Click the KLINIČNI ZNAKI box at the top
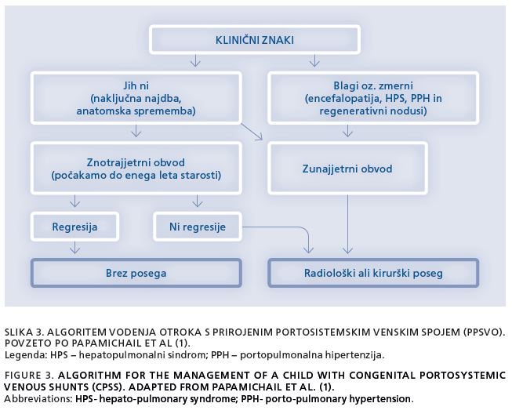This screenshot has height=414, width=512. tap(255, 40)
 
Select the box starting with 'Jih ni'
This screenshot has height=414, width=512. tap(136, 98)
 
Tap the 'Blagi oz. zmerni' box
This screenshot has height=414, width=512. tap(373, 98)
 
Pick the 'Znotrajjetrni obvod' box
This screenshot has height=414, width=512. tap(136, 168)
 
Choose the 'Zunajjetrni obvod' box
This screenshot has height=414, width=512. tap(347, 168)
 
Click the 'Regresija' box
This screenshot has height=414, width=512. tap(74, 227)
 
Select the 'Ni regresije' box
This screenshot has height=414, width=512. tap(198, 227)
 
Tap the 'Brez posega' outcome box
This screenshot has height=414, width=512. tap(136, 273)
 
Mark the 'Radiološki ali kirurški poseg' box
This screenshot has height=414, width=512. tap(373, 273)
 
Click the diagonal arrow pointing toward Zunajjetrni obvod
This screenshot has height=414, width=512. tap(252, 132)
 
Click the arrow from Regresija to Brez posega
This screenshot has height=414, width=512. tap(75, 248)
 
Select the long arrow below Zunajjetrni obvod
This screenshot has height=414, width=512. tap(348, 224)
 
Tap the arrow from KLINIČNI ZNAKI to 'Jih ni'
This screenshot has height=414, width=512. tap(195, 60)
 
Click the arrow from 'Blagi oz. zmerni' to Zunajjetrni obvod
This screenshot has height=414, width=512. tap(348, 131)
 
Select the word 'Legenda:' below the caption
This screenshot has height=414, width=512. tap(26, 355)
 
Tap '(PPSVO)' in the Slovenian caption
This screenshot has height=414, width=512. tap(484, 332)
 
